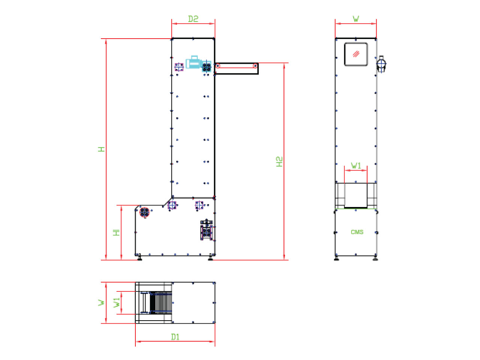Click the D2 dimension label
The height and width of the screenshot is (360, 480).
tap(193, 19)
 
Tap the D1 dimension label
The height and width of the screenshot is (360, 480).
tap(175, 337)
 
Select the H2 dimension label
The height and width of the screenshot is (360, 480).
tap(279, 162)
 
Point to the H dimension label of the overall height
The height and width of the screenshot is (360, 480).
tap(101, 149)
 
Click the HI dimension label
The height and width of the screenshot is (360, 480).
tap(116, 232)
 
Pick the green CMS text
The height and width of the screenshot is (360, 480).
tap(357, 232)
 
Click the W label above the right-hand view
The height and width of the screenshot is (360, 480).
tap(356, 19)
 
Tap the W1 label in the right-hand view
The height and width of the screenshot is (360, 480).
tap(356, 165)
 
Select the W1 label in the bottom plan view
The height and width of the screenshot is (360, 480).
tap(117, 303)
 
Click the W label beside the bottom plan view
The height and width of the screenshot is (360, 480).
tap(101, 303)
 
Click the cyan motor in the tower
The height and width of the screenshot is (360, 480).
tap(194, 62)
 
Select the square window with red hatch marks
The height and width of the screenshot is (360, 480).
tap(356, 54)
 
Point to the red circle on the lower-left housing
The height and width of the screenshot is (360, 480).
tap(144, 212)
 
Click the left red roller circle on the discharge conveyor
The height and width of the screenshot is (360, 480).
tap(217, 66)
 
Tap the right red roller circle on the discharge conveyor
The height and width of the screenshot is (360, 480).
tap(255, 66)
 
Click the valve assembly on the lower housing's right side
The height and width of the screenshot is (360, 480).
tap(206, 230)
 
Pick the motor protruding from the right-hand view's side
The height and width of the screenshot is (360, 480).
tap(381, 64)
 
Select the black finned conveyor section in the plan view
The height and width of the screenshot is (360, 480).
tap(161, 303)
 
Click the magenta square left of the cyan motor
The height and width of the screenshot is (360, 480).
tap(179, 67)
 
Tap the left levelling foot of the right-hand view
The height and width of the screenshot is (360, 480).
tap(336, 259)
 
